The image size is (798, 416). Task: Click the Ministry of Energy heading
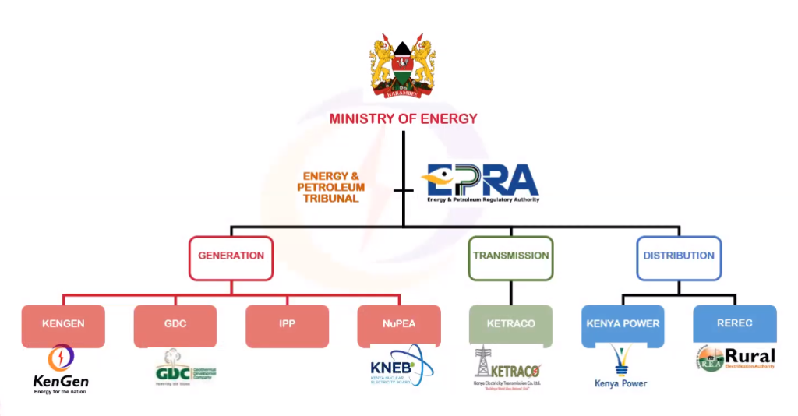point(403,119)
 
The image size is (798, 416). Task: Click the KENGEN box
point(63,325)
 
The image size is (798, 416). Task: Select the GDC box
point(175,325)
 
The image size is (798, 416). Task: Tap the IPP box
point(287,325)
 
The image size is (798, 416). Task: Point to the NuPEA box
point(399,325)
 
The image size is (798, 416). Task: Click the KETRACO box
point(510,324)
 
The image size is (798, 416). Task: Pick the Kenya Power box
point(623,324)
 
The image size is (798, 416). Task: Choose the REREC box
point(734,323)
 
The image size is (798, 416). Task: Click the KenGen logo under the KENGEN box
point(61,371)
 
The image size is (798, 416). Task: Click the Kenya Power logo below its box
point(621,367)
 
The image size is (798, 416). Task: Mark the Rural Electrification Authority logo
point(735,358)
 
